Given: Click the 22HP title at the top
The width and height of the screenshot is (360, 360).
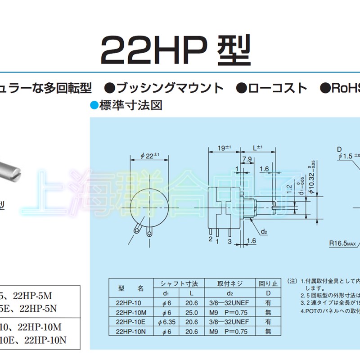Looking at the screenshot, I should (x=175, y=50).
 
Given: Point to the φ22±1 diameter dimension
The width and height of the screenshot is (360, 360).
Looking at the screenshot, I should (x=149, y=156).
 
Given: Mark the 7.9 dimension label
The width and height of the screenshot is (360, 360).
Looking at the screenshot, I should (x=247, y=160).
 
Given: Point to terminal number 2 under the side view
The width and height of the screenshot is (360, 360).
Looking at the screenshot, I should (x=210, y=239).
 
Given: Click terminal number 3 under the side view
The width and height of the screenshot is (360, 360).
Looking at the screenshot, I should (x=229, y=242).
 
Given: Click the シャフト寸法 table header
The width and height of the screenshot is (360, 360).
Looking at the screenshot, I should (x=179, y=283).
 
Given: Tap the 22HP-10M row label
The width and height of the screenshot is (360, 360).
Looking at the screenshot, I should (x=131, y=312).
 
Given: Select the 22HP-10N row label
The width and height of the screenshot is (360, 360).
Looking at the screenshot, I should (x=131, y=331).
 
